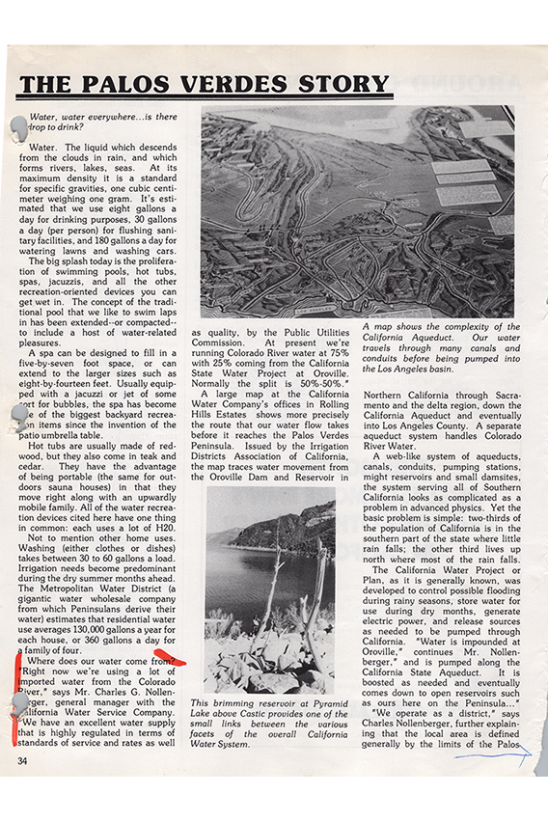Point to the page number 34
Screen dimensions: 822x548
point(22,761)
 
